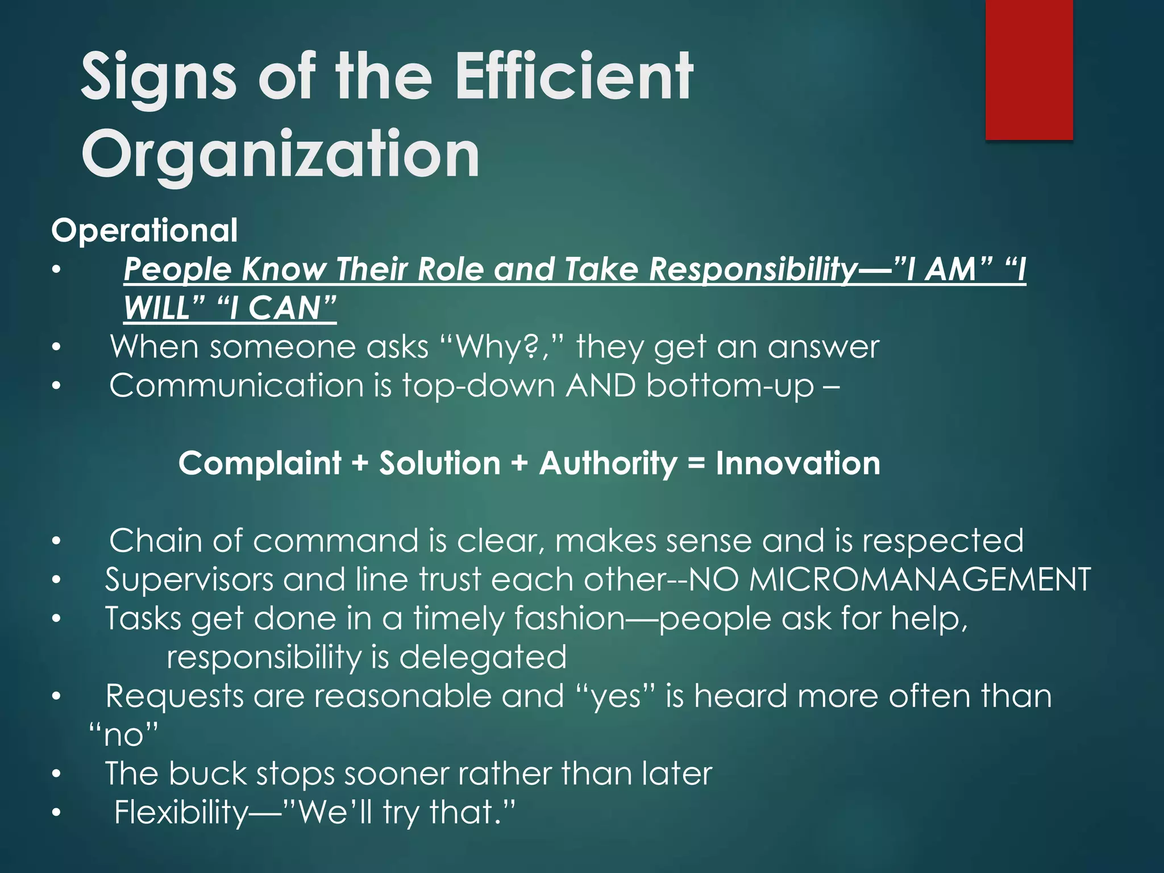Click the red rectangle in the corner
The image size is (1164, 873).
point(1029,69)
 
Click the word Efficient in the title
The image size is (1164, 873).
point(574,76)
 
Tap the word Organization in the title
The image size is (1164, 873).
point(281,155)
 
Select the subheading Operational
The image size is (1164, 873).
point(144,231)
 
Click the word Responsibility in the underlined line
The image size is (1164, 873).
point(753,269)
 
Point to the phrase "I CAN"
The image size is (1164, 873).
point(277,309)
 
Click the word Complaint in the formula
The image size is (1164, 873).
point(260,463)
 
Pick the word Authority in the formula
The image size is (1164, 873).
point(608,463)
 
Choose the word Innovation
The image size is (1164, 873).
point(798,463)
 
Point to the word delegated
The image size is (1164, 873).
point(483,658)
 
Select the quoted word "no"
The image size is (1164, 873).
point(124,735)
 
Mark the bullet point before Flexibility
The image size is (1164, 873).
point(56,813)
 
